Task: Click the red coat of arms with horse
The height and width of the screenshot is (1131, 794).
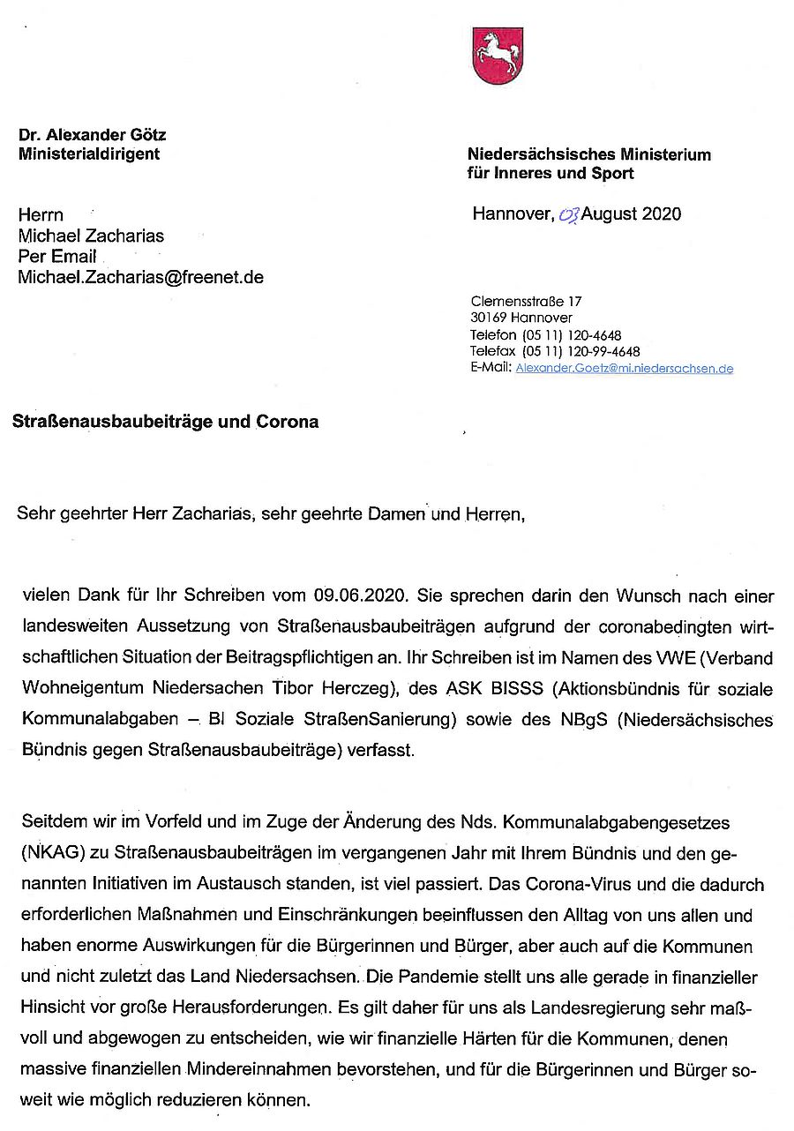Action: (496, 56)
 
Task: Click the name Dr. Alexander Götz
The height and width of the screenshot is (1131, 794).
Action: (93, 135)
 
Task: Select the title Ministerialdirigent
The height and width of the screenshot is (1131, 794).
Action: (90, 154)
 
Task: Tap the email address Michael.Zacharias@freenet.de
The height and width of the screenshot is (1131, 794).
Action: (141, 277)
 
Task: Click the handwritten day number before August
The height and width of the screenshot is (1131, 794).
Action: (569, 214)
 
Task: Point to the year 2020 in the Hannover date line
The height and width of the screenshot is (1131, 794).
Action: (662, 213)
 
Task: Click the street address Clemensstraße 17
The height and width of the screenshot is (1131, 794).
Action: (527, 302)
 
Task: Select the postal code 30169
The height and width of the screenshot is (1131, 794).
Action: (488, 318)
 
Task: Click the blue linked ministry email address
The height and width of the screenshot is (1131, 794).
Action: (625, 368)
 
